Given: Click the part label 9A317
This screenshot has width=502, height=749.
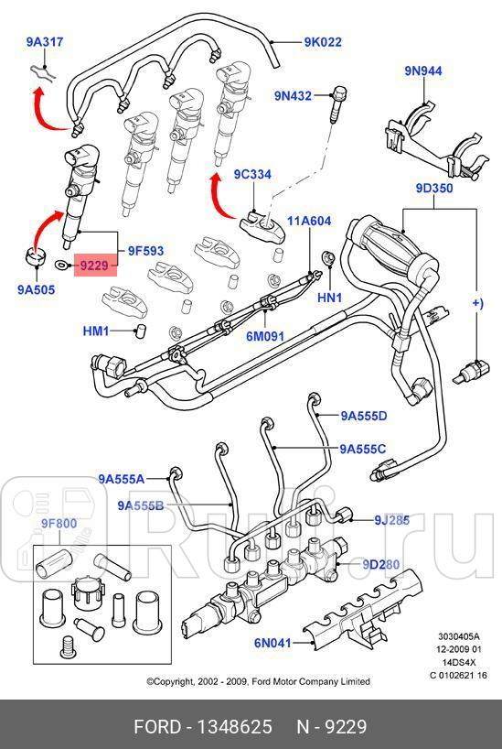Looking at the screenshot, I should click(45, 41).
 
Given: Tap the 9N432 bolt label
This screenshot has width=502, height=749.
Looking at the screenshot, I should click(293, 94).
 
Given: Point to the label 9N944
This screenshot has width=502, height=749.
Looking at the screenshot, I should click(423, 71).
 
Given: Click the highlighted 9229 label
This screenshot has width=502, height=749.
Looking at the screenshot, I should click(94, 266).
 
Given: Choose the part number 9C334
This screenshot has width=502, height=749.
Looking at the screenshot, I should click(251, 175).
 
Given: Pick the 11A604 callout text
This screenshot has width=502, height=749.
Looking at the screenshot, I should click(309, 222).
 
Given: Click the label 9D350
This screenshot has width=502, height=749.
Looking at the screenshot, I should click(434, 189).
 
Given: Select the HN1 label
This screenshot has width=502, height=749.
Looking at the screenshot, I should click(329, 298).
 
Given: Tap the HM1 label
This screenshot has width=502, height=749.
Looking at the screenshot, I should click(96, 331).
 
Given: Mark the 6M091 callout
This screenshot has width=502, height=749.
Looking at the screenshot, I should click(265, 335).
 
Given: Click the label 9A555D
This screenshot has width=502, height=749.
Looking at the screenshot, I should click(364, 416).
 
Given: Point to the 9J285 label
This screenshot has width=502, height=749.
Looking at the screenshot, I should click(391, 520).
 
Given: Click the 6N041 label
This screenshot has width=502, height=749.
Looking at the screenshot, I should click(272, 643).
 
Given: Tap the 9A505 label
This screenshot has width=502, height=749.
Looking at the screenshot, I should click(36, 291).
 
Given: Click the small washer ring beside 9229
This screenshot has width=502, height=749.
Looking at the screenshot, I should click(61, 266).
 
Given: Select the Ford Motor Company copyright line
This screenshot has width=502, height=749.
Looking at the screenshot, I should click(259, 681).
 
